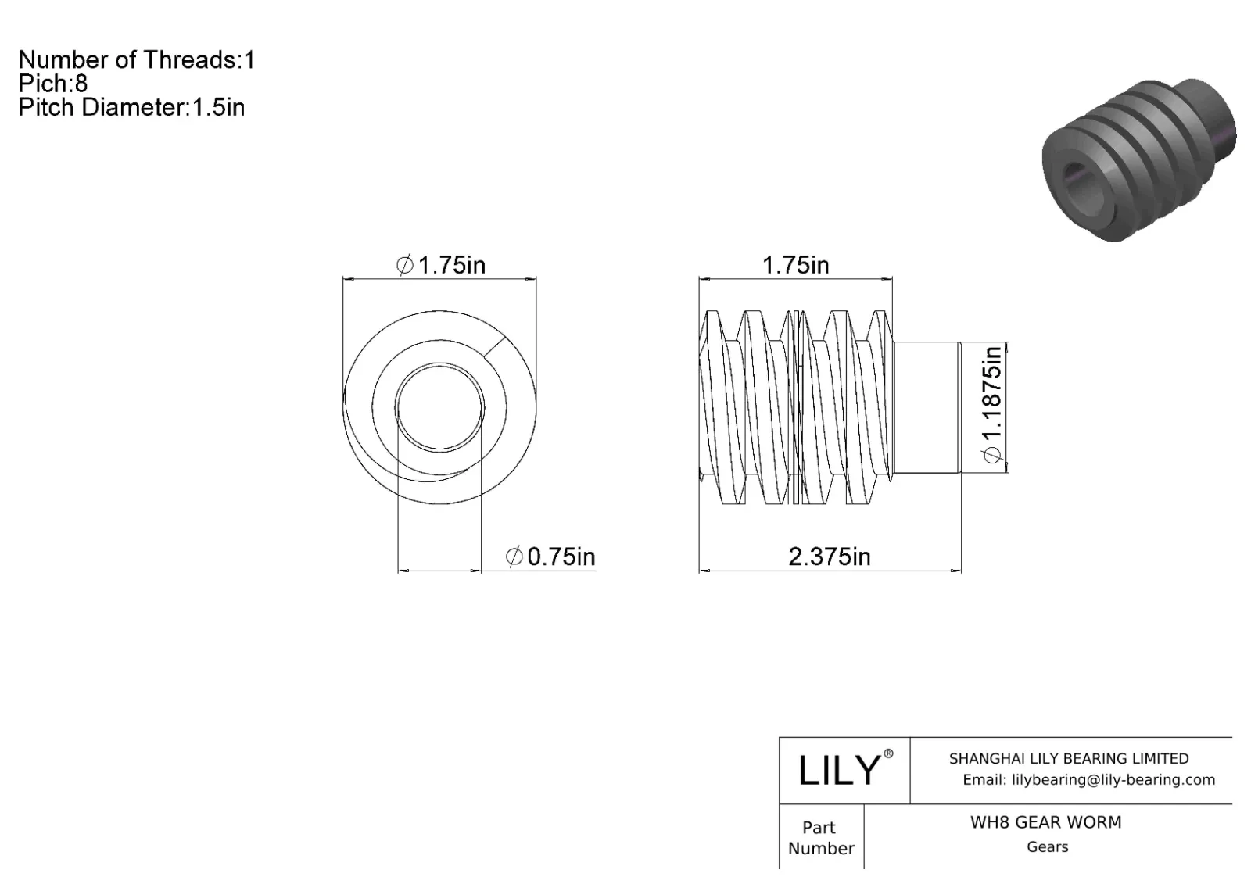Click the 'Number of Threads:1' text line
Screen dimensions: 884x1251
(x=136, y=60)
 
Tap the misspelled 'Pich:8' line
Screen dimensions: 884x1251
(x=53, y=84)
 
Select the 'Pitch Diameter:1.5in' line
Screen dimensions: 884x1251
(x=131, y=107)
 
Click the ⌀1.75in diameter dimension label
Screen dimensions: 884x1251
(x=441, y=266)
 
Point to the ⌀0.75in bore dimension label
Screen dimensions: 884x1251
(x=550, y=557)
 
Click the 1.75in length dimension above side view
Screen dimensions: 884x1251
(x=795, y=266)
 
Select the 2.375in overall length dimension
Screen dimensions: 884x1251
(x=829, y=557)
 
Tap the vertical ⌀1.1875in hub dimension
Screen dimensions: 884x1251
(x=991, y=405)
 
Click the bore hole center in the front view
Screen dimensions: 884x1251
(x=439, y=407)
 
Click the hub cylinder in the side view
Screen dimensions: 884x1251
(x=927, y=407)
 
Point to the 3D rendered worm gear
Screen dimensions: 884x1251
(x=1138, y=160)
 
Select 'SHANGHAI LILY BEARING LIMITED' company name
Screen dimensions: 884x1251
(x=1068, y=758)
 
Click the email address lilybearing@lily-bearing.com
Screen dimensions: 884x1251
(x=1088, y=779)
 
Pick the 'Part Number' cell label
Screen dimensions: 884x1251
(x=820, y=838)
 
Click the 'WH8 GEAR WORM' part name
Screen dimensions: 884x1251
(x=1045, y=822)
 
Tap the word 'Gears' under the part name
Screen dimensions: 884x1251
(x=1047, y=846)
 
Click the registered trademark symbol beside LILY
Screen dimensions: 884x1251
(x=888, y=754)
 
